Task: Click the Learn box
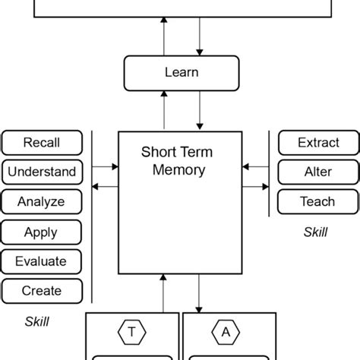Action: coord(182,73)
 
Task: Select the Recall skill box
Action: coord(41,142)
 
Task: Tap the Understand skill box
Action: coord(41,172)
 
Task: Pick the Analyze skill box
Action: coord(41,201)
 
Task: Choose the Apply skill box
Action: coord(41,232)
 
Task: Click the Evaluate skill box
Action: coord(41,261)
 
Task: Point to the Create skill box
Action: coord(41,290)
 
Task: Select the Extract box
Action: coord(317,142)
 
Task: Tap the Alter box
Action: coord(317,172)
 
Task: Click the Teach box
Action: coord(317,201)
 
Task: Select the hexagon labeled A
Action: coord(226,331)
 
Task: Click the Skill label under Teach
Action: coord(315,232)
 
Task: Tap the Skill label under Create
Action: coord(36,321)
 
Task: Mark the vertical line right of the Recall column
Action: coord(92,216)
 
